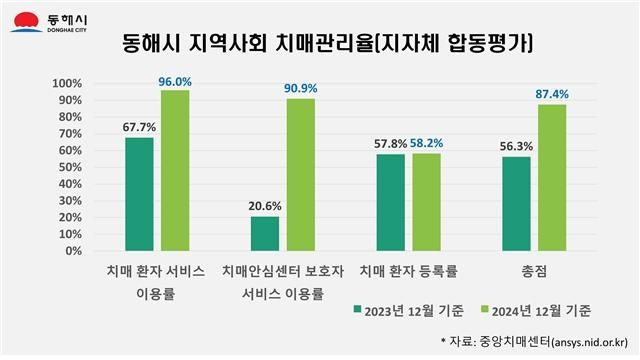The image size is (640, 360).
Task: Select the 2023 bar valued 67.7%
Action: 139,194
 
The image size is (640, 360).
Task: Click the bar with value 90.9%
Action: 300,174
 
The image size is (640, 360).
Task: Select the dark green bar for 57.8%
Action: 390,202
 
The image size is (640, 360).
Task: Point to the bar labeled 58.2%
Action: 426,202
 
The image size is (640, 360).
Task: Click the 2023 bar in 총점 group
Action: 515,204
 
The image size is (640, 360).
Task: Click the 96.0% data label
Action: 174,81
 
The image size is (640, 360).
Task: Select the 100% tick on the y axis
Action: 66,83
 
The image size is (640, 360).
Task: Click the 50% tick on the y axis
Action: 69,167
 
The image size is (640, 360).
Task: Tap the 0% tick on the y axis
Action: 73,251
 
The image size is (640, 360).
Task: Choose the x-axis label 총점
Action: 533,271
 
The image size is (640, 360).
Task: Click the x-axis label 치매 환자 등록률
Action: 408,271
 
